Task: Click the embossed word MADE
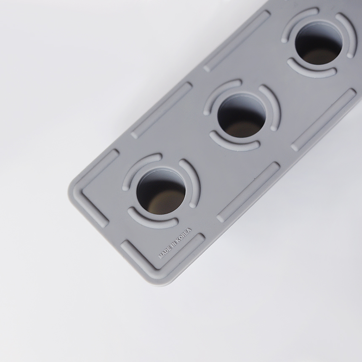[x=165, y=253]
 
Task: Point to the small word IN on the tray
[x=174, y=244]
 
